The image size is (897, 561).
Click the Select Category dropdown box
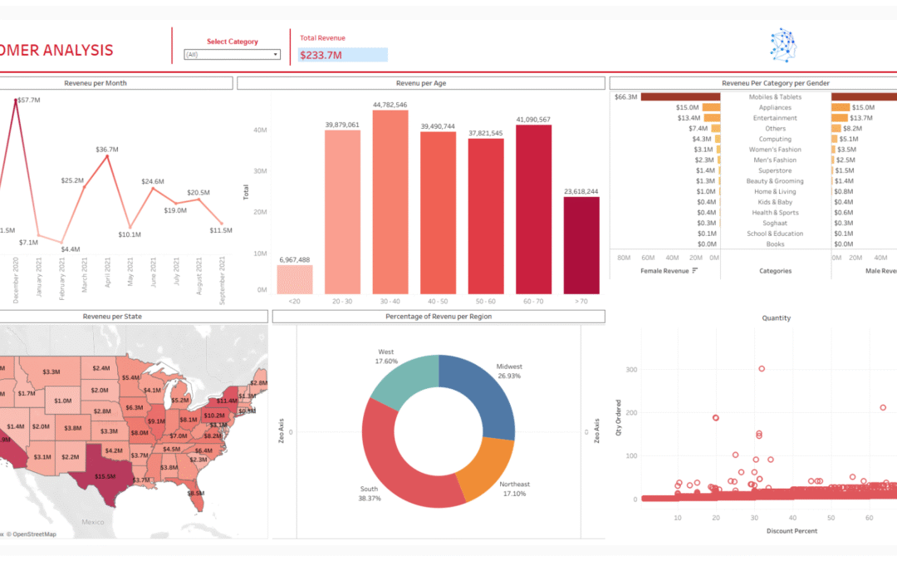coord(232,55)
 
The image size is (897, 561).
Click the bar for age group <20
coord(294,279)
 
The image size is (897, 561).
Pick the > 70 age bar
coord(581,245)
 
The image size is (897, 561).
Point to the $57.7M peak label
coord(29,100)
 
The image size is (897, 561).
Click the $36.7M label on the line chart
coord(107,150)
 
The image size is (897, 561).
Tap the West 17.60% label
coord(386,357)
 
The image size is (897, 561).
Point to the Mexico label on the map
coord(93,521)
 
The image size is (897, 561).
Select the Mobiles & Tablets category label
coord(775,97)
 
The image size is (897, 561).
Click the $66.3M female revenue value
coord(625,97)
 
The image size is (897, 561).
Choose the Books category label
coord(775,244)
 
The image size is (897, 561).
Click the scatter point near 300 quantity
coord(762,369)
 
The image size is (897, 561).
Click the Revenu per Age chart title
coord(420,83)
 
